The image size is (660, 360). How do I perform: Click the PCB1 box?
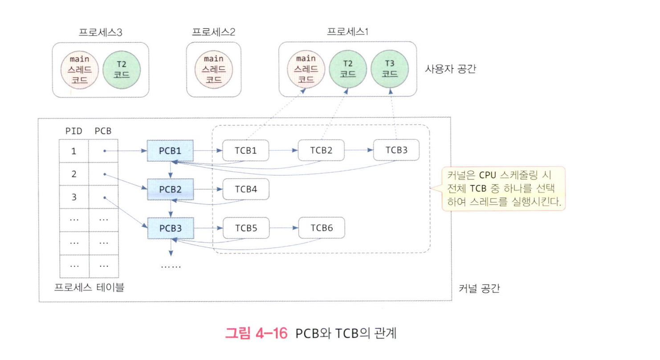coord(170,151)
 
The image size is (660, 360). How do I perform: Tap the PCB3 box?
coord(170,228)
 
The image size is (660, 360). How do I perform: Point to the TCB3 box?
coord(396,151)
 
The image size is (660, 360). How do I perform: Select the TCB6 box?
coord(322,228)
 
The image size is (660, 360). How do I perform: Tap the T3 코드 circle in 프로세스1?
coord(391,69)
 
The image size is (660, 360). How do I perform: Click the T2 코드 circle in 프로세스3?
coord(122,69)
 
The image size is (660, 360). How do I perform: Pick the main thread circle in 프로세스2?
coord(213,69)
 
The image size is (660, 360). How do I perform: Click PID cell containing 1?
coord(74,151)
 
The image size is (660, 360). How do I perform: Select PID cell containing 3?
coord(74,197)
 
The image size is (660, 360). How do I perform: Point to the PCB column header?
coord(103,132)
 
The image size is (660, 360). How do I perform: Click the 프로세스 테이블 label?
coord(89,287)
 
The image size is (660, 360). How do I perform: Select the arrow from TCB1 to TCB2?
coord(284,151)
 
